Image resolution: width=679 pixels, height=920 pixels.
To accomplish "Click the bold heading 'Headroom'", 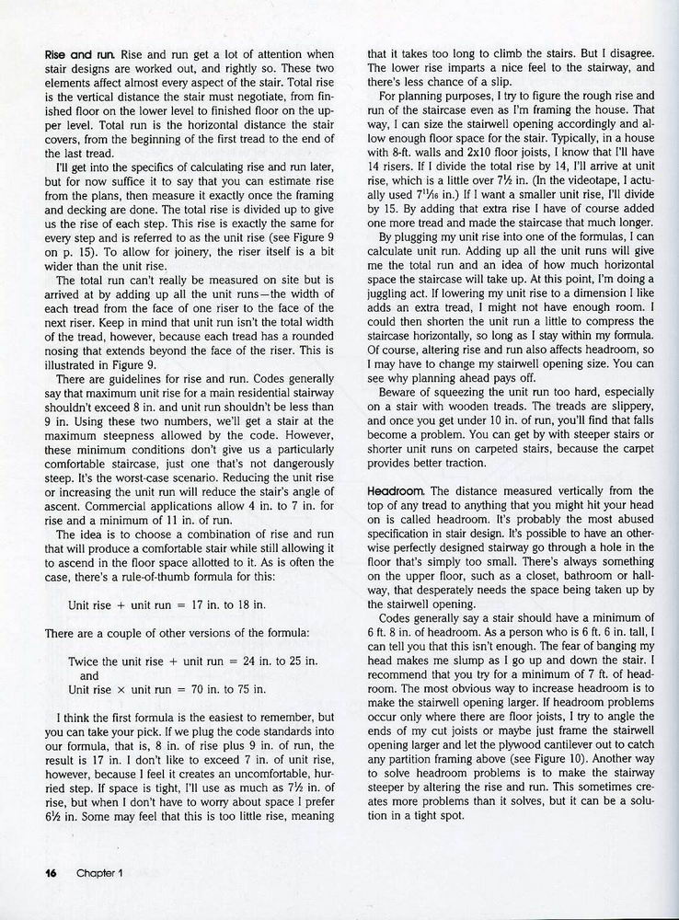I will coord(395,488).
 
